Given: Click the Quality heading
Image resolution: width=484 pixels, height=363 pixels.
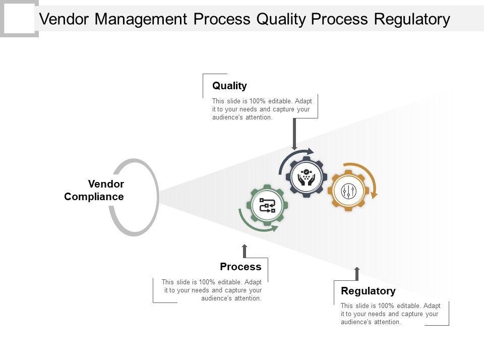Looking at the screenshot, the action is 229,86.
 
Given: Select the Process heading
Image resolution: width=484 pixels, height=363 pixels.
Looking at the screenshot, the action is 240,266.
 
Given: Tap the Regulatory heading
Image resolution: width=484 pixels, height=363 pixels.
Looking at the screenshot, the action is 368,291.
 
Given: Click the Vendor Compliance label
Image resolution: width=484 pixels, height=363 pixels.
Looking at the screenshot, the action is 94,190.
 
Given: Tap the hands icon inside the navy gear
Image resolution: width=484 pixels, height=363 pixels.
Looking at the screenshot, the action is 306,177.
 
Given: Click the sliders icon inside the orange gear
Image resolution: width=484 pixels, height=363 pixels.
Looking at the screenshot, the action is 349,191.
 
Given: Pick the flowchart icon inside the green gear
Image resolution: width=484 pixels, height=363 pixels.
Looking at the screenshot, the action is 267,206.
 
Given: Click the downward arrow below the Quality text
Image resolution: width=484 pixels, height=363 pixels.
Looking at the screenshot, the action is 294,134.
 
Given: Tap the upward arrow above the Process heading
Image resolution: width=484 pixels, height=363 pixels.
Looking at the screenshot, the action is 245,251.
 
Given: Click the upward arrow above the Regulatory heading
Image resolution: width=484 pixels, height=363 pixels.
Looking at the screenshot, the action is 357,274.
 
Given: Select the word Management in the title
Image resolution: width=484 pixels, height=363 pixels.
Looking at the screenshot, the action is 141,19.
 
